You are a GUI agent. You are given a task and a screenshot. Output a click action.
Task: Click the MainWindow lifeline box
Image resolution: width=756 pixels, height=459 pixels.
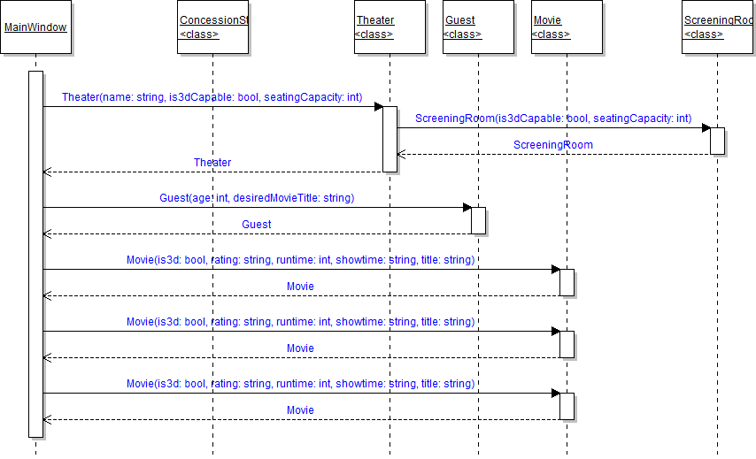tap(35, 27)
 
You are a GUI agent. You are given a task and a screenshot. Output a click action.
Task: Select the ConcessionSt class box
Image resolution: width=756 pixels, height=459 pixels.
tap(212, 27)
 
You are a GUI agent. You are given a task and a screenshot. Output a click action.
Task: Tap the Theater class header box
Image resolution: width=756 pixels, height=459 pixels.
tap(390, 27)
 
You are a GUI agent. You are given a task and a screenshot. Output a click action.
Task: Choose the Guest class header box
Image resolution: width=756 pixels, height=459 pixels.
tap(478, 27)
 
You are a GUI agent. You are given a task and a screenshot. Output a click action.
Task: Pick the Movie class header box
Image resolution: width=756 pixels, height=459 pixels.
tap(567, 27)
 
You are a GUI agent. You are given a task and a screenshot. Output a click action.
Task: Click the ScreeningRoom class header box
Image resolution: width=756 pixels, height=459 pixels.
tap(718, 27)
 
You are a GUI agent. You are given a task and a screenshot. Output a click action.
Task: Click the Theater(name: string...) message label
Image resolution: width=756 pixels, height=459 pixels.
tap(212, 96)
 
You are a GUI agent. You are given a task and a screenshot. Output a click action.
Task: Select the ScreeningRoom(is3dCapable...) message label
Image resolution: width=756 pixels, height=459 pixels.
tap(553, 118)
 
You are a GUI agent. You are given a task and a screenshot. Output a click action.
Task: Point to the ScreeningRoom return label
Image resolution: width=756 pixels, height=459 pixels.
tap(553, 144)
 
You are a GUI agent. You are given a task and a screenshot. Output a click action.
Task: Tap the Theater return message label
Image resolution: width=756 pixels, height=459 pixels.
tap(212, 162)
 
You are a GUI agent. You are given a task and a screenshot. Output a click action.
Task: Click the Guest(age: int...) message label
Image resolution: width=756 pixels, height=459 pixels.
tap(257, 198)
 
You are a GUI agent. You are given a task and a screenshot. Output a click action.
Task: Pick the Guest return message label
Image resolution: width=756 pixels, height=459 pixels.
tap(257, 225)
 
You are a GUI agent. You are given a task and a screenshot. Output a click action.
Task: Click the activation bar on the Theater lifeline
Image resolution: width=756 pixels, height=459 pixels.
tap(390, 139)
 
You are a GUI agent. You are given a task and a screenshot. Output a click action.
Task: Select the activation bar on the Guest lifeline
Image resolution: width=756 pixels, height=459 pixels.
tap(478, 220)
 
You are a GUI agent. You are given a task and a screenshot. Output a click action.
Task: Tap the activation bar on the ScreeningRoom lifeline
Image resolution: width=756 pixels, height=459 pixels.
tap(717, 141)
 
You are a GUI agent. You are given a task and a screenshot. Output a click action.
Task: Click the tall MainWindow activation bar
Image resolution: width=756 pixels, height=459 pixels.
tap(35, 254)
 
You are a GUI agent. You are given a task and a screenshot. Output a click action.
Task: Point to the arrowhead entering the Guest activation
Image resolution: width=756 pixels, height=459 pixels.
tap(467, 208)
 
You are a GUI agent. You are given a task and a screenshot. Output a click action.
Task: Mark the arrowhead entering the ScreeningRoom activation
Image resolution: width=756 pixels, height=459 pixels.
tap(706, 128)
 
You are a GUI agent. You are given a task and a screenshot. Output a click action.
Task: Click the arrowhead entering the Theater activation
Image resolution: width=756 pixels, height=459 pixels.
tap(378, 107)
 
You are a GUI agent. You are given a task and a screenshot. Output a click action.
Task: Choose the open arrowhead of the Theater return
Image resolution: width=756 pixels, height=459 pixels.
tap(47, 172)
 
